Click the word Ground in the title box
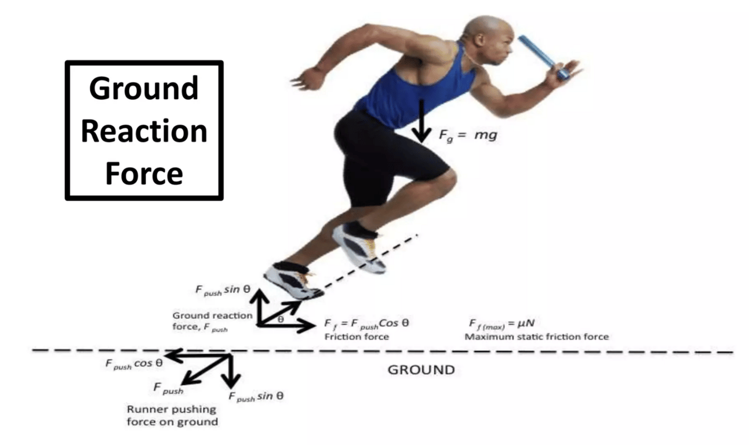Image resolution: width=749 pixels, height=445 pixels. click(144, 89)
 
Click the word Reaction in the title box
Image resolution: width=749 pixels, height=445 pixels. click(144, 131)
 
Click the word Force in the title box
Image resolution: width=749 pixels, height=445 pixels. click(144, 173)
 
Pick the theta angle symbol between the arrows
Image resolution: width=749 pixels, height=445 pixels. click(280, 319)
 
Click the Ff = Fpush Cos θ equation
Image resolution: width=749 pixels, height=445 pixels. click(367, 323)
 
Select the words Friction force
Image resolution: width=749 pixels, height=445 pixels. click(356, 337)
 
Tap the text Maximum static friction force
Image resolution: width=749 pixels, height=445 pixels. click(536, 337)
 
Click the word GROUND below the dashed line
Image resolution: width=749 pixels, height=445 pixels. click(421, 370)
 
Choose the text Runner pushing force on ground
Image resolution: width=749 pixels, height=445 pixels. click(172, 415)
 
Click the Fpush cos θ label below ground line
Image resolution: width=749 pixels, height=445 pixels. click(133, 363)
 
